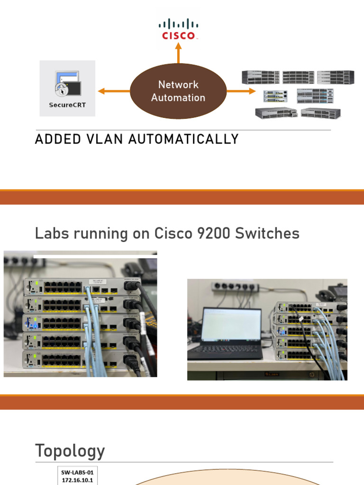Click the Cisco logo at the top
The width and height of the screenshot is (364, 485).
click(x=178, y=29)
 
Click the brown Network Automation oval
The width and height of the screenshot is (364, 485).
click(x=178, y=91)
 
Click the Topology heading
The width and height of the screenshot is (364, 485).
click(x=70, y=451)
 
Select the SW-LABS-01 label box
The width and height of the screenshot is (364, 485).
click(x=79, y=476)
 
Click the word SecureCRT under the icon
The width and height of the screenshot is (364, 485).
click(x=68, y=105)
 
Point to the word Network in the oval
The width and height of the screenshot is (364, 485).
click(x=178, y=85)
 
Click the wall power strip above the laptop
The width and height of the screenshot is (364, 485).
click(x=235, y=287)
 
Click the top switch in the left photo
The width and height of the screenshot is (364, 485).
click(x=81, y=287)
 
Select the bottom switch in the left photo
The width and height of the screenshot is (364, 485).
click(x=81, y=359)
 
